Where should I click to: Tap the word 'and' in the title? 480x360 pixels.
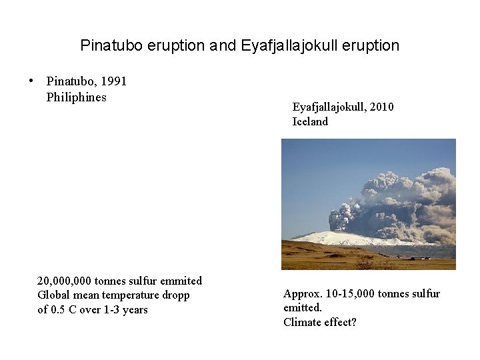pyautogui.click(x=223, y=46)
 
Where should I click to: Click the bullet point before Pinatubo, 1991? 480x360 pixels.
pyautogui.click(x=31, y=81)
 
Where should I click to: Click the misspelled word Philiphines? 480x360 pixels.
pyautogui.click(x=76, y=97)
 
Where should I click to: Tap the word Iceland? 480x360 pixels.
pyautogui.click(x=310, y=121)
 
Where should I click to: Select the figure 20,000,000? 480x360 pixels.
pyautogui.click(x=64, y=281)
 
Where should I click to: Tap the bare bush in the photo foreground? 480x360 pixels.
pyautogui.click(x=364, y=261)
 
